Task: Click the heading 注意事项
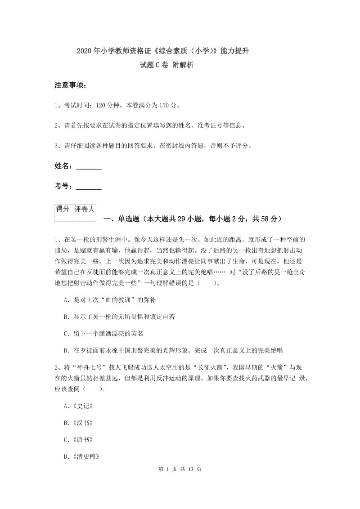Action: point(71,85)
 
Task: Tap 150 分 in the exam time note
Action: point(169,106)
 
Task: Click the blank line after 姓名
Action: point(89,166)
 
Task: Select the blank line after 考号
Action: point(89,187)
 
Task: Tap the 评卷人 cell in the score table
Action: point(85,209)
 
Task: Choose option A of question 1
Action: point(110,299)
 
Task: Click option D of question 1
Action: point(173,351)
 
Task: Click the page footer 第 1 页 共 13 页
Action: point(180,482)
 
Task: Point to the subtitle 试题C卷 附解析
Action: point(167,65)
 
